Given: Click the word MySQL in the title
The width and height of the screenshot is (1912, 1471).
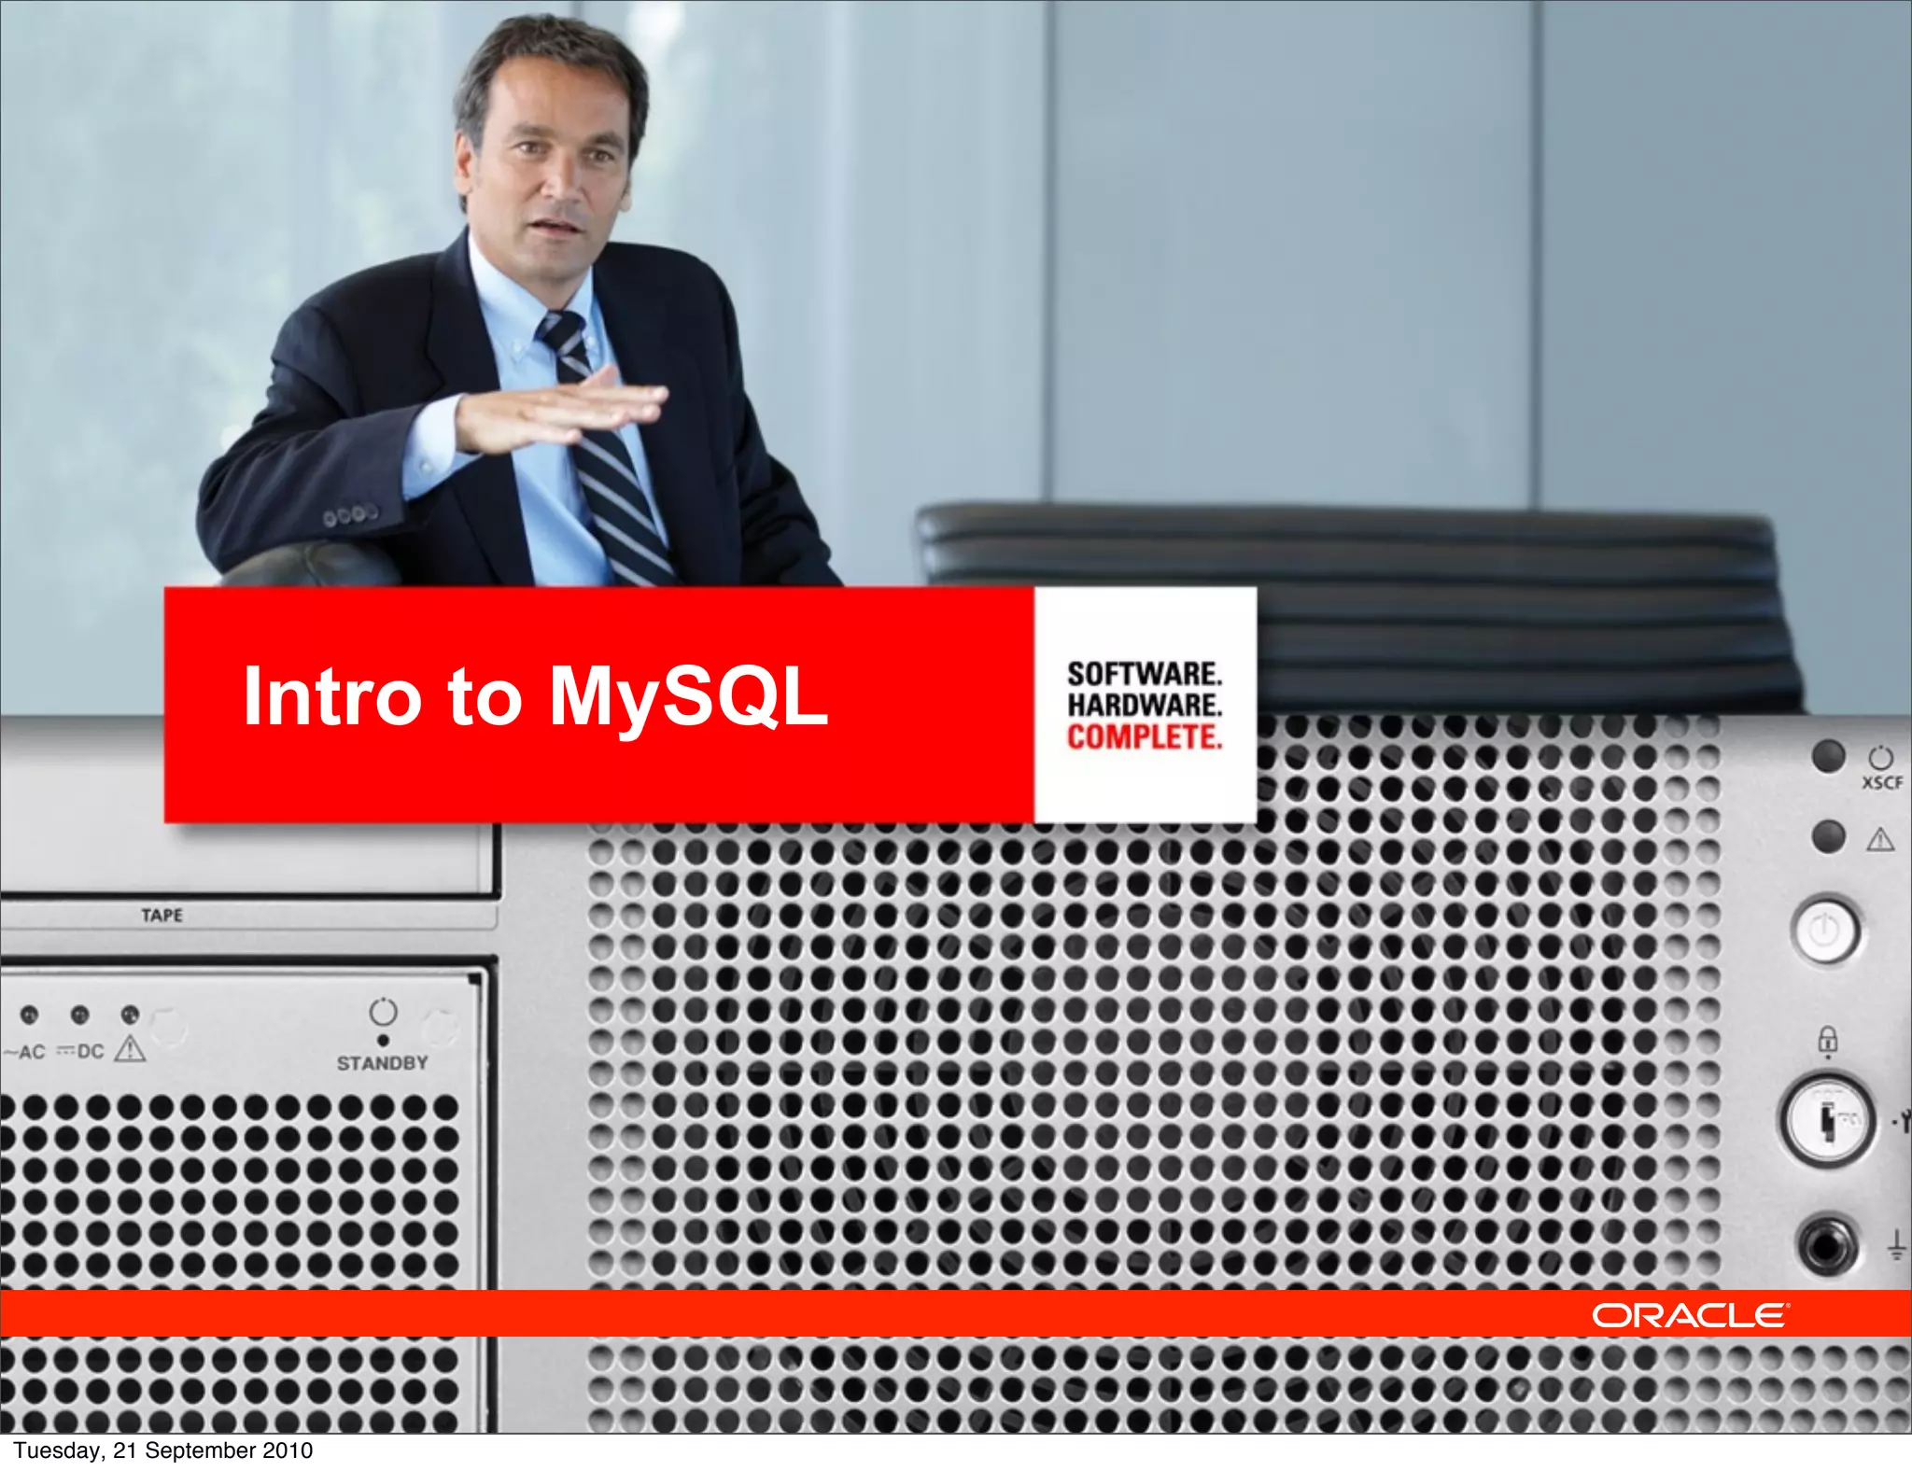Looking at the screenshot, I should (688, 696).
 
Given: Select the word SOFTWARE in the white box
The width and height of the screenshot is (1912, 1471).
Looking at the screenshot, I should (1144, 674).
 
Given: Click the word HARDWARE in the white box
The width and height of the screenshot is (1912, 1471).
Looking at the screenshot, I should (1144, 705).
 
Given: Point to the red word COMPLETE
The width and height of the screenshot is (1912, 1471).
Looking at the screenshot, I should (1144, 737).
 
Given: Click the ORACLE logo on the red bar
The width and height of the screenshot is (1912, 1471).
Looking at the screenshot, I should (1690, 1315).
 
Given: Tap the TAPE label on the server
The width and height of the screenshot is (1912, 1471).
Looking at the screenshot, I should (162, 915).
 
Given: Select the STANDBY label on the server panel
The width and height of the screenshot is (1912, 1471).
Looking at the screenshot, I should (382, 1063).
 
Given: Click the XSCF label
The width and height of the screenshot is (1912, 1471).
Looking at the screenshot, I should (1882, 783).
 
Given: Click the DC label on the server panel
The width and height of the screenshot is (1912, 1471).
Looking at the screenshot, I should (90, 1051).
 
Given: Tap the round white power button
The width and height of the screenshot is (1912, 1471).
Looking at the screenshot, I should (1825, 931).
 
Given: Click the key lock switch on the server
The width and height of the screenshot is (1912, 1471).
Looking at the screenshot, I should (1826, 1119).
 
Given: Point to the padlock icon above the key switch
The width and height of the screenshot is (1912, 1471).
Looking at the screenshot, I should (1827, 1039).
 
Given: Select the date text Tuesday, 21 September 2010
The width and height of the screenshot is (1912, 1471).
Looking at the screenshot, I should (162, 1450).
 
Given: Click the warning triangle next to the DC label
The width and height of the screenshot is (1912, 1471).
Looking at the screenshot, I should (130, 1049).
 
